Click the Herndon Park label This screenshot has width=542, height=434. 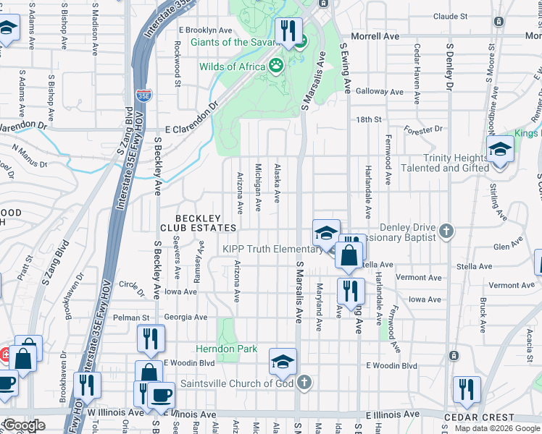[228, 349]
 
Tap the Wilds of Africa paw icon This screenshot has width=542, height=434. [276, 67]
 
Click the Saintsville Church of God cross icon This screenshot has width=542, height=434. [305, 383]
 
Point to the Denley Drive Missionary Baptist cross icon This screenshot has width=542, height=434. [446, 231]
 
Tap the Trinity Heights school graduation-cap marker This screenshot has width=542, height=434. [499, 150]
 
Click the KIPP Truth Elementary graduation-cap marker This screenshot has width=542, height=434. [326, 234]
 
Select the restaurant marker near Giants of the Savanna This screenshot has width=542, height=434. [288, 30]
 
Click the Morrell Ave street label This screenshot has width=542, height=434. [375, 36]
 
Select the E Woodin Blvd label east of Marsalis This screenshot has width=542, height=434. [391, 366]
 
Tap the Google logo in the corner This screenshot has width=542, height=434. [23, 425]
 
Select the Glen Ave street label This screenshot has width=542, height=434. [507, 247]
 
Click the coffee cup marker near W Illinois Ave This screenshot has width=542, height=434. [162, 395]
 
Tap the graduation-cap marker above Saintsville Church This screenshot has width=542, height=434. [283, 362]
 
